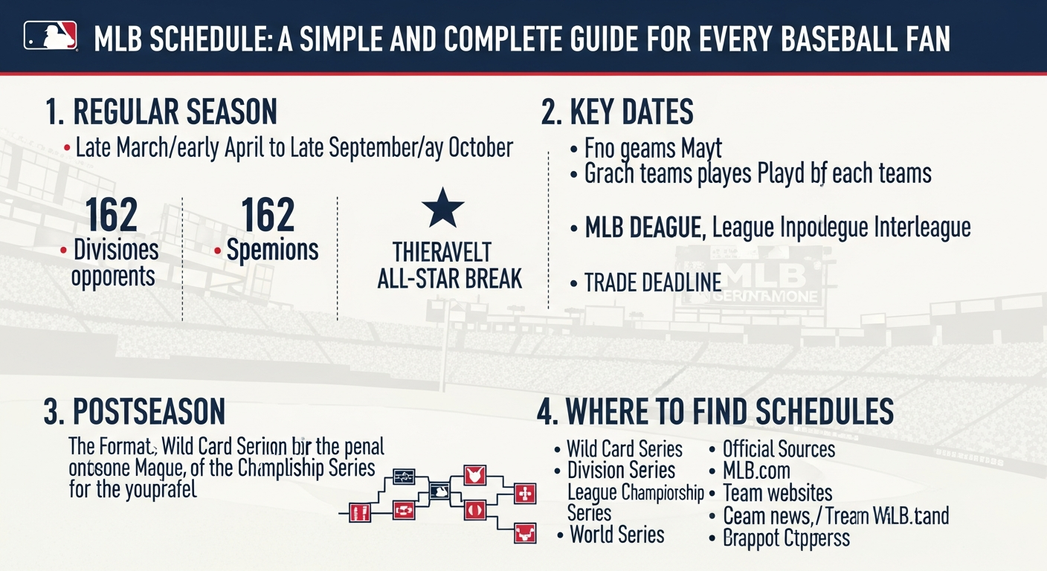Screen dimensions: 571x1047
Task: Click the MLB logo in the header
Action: point(51,36)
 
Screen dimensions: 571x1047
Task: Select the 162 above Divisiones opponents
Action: point(112,215)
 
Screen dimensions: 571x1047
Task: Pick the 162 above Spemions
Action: point(268,215)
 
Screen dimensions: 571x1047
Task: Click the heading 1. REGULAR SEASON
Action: point(161,112)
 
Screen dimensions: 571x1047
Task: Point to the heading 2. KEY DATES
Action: point(617,112)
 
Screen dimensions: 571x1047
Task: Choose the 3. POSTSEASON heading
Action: point(135,412)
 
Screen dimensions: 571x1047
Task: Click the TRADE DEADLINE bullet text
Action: point(653,283)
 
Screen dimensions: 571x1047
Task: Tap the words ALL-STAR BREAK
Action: point(450,279)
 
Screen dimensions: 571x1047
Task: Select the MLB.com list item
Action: point(756,471)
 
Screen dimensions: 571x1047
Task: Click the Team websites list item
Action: point(777,493)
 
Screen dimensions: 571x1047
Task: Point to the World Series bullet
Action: point(616,535)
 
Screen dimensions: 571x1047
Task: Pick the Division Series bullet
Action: point(621,471)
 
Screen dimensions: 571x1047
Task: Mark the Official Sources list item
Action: point(779,449)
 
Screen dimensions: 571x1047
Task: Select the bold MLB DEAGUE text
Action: point(643,228)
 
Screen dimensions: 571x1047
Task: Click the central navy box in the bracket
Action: point(439,491)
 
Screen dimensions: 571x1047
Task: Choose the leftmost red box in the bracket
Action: point(360,512)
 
